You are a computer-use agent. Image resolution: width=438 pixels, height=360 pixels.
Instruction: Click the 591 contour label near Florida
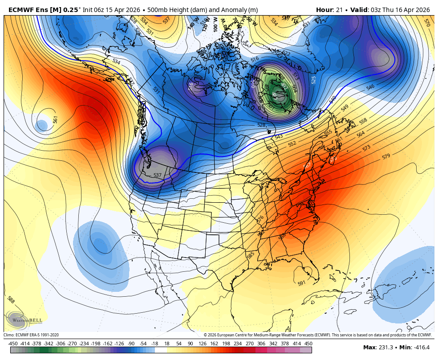302,283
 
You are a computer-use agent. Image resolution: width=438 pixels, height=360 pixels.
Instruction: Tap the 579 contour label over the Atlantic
386,157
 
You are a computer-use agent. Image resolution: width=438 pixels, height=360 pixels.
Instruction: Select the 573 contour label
366,148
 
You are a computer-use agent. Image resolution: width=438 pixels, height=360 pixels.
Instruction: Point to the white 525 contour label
313,80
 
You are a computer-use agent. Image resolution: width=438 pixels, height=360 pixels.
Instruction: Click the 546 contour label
370,88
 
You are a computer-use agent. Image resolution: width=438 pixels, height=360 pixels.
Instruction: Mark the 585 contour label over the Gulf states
251,255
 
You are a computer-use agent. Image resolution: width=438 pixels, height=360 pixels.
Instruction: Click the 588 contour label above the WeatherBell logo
11,301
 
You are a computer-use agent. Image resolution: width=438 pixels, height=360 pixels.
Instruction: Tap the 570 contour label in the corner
427,22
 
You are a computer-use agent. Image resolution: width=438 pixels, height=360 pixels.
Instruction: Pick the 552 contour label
292,144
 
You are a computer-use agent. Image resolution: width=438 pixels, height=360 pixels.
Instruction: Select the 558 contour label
363,121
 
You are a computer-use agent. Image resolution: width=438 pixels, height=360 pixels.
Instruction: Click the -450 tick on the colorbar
13,344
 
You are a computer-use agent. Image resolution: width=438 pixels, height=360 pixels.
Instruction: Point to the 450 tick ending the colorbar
308,344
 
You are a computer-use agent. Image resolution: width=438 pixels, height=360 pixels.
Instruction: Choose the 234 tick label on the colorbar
237,344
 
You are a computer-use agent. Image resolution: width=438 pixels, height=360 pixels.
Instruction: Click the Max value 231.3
385,348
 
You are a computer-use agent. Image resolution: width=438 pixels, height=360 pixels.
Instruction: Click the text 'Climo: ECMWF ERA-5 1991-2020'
31,335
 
